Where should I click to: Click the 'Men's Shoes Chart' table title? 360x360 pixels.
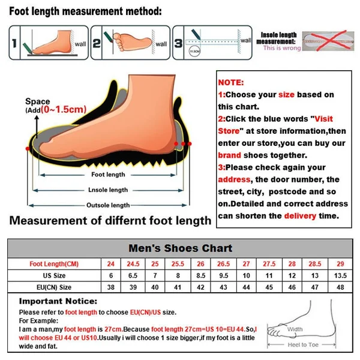tap(181, 248)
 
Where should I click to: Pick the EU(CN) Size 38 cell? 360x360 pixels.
tap(110, 287)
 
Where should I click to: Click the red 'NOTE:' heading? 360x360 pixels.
tap(232, 82)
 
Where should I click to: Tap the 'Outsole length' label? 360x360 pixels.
tap(109, 205)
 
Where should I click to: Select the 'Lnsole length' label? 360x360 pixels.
tap(109, 190)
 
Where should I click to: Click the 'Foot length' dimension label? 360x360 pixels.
tap(108, 175)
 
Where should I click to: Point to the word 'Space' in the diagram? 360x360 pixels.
tap(38, 101)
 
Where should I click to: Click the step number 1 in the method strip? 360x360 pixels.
tap(13, 43)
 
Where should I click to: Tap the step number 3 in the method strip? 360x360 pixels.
tap(178, 43)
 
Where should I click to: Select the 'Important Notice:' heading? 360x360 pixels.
tap(58, 301)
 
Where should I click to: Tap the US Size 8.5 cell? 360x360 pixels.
tap(200, 275)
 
